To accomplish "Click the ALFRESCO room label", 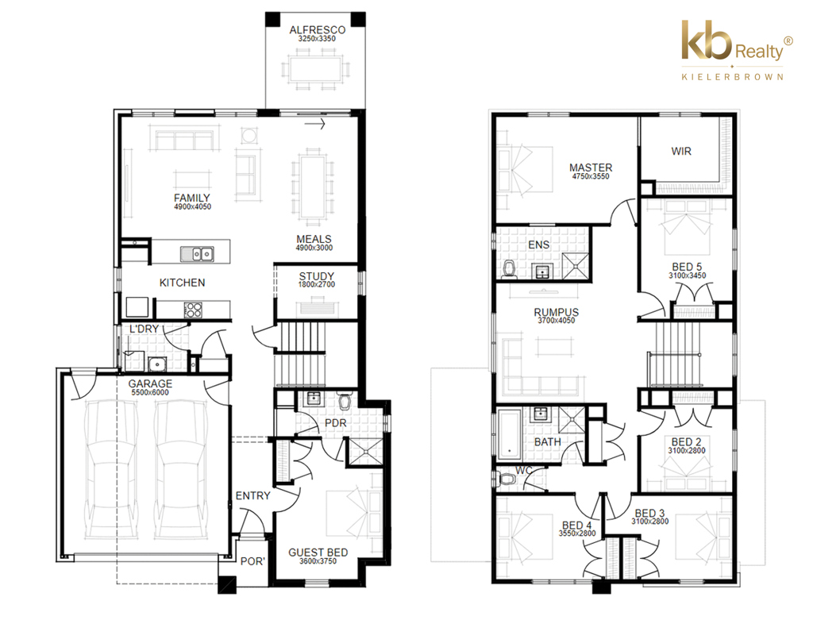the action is click(x=318, y=30).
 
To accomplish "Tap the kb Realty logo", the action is click(x=736, y=50).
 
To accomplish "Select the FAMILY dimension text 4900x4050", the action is click(x=192, y=206).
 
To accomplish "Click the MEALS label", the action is click(x=314, y=239).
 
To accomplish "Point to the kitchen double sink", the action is click(x=197, y=253).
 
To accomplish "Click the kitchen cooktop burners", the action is click(x=193, y=310).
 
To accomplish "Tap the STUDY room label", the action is click(x=316, y=276).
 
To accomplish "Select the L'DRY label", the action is click(x=144, y=329).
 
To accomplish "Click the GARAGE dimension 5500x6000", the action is click(x=150, y=392).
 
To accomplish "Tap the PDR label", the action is click(x=336, y=423).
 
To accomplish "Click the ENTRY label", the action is click(x=253, y=495).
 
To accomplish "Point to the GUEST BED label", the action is click(x=318, y=553).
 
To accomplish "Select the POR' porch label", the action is click(x=252, y=561).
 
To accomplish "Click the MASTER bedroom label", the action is click(x=591, y=168).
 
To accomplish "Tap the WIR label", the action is click(x=680, y=151).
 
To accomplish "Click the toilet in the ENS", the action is click(x=509, y=269).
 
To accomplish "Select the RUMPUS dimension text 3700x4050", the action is click(x=557, y=321).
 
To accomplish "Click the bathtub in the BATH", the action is click(x=509, y=435).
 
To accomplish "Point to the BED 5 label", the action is click(x=687, y=267).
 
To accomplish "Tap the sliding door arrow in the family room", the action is click(x=314, y=124).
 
